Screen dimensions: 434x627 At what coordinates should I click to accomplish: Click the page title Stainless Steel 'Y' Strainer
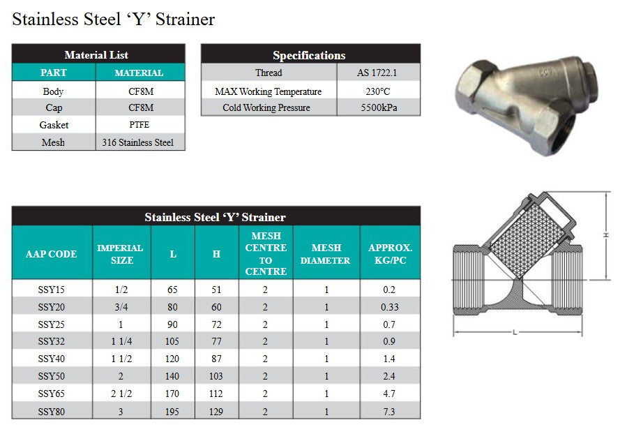tap(114, 19)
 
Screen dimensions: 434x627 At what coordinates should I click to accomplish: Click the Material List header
tap(96, 54)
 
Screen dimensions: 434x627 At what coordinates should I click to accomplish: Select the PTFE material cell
tap(139, 125)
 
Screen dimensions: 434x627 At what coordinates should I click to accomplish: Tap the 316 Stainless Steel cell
tap(139, 142)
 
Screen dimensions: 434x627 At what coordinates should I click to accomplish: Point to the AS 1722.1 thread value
tap(379, 73)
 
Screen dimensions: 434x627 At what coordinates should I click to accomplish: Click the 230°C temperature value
tap(379, 91)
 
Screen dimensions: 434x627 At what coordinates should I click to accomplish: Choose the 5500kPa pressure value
tap(379, 108)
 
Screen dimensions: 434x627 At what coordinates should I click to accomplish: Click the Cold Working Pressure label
tap(266, 108)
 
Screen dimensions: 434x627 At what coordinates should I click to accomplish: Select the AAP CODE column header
tap(52, 254)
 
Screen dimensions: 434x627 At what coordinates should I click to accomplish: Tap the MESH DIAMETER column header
tap(326, 254)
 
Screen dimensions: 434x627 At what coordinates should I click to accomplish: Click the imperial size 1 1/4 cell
tap(120, 342)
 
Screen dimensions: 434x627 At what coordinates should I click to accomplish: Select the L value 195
tap(172, 412)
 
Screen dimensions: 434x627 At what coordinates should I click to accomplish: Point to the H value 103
tap(216, 377)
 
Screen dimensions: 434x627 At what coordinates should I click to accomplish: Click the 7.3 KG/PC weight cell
tap(390, 412)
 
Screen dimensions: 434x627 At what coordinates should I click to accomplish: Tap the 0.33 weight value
tap(390, 307)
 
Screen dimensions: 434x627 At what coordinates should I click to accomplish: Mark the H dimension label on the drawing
tap(606, 235)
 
